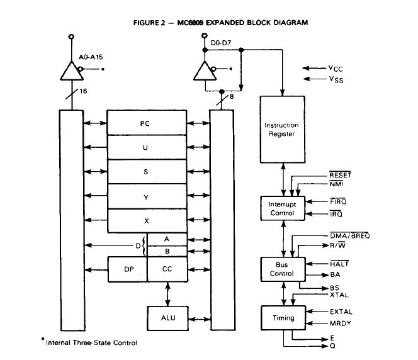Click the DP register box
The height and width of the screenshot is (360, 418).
pyautogui.click(x=127, y=269)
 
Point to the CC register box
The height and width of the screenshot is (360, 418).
pyautogui.click(x=167, y=269)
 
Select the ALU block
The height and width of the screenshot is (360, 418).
pyautogui.click(x=167, y=317)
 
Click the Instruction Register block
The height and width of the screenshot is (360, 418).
pyautogui.click(x=283, y=129)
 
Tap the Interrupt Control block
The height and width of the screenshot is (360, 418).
pyautogui.click(x=283, y=209)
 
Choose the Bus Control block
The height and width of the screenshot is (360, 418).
pyautogui.click(x=283, y=269)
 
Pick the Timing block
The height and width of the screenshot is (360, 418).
pyautogui.click(x=283, y=318)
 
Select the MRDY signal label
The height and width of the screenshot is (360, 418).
pyautogui.click(x=341, y=323)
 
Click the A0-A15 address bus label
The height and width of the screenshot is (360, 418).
pyautogui.click(x=91, y=57)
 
